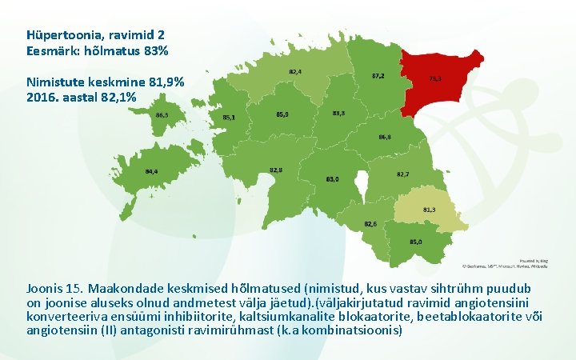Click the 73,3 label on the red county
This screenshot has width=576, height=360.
coord(436,78)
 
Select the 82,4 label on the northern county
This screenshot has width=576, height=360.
coord(295,72)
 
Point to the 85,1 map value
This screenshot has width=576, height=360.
coord(229,118)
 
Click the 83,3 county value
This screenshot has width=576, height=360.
coord(338,114)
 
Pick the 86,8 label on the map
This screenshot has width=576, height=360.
coord(384,138)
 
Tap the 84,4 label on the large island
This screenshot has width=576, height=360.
coord(151,171)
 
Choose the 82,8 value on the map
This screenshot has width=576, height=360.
coord(276,170)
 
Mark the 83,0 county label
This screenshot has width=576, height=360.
coord(333,179)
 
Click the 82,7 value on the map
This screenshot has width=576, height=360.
coord(403,174)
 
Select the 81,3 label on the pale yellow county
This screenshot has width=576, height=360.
coord(429,210)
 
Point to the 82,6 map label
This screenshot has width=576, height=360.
coord(370,223)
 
